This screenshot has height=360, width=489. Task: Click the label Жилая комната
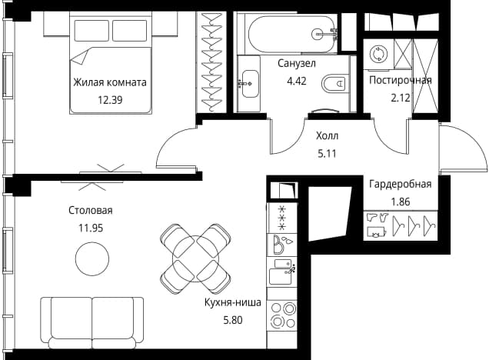(x=110, y=82)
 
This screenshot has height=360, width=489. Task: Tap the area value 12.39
(x=110, y=100)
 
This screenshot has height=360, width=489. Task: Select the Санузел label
(x=297, y=63)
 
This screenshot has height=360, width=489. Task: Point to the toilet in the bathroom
(x=334, y=83)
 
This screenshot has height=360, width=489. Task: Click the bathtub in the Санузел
(x=292, y=34)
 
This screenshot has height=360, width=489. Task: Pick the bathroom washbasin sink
(x=250, y=84)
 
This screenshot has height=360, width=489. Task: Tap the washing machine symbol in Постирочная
(x=378, y=55)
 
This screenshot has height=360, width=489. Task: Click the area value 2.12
(x=401, y=98)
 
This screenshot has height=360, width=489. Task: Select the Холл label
(x=327, y=135)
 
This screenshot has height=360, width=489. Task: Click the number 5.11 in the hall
(x=327, y=154)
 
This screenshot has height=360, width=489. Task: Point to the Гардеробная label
(x=401, y=184)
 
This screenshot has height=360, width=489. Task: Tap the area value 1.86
(x=401, y=202)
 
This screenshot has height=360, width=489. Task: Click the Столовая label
(x=91, y=211)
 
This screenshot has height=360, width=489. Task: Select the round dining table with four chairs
(x=195, y=258)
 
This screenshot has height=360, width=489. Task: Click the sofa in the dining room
(x=92, y=323)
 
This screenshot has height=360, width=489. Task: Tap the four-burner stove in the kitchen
(x=282, y=315)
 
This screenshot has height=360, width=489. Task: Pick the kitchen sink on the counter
(x=282, y=272)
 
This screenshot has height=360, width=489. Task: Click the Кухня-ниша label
(x=233, y=302)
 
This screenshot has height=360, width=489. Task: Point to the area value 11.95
(x=91, y=228)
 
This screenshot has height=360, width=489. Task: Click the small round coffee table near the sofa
(x=92, y=258)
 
